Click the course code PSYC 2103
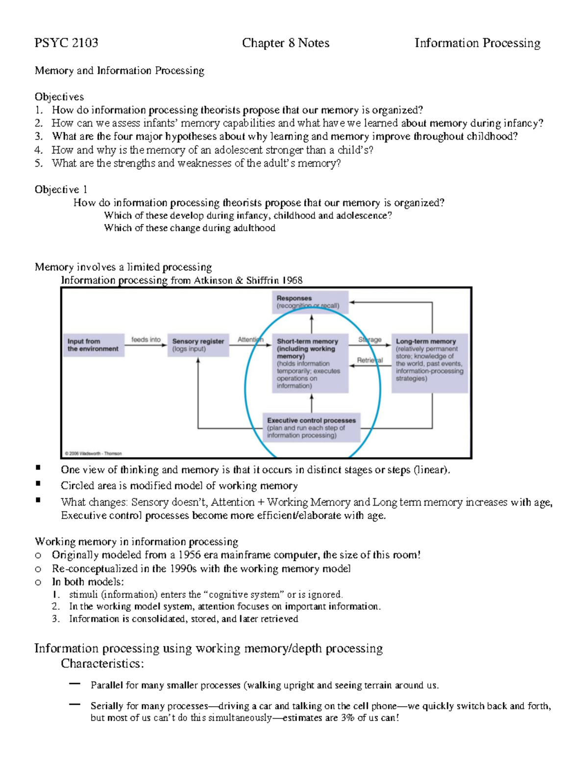click(66, 43)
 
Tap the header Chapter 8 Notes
click(285, 43)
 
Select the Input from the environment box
click(93, 345)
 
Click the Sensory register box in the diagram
click(198, 345)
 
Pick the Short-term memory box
click(310, 363)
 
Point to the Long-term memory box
click(430, 363)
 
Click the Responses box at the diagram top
click(310, 302)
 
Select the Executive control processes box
click(311, 427)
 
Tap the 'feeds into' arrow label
click(146, 339)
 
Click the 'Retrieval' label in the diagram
click(369, 360)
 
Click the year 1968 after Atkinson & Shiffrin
click(293, 280)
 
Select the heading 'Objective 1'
click(61, 190)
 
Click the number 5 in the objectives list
click(38, 163)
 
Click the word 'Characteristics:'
click(102, 663)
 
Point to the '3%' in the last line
click(347, 718)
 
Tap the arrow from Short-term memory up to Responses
click(312, 323)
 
